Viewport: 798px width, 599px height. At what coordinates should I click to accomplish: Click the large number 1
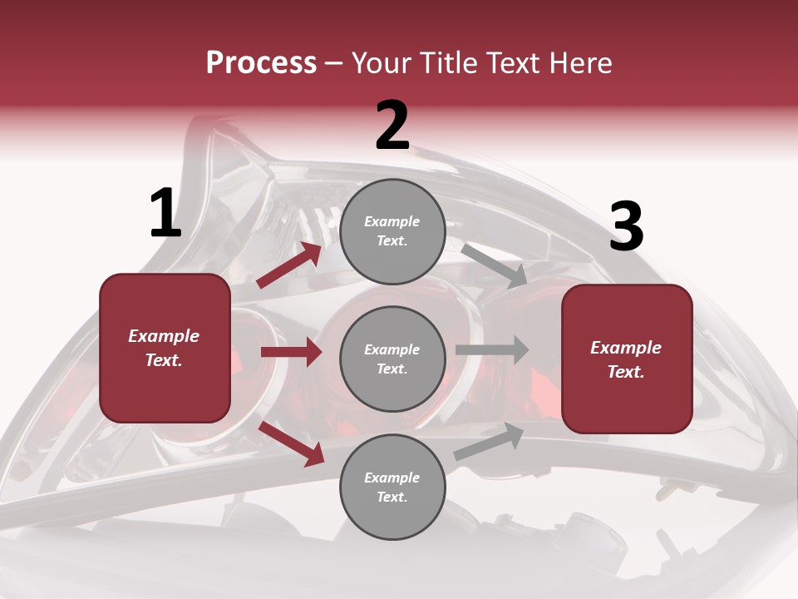(x=165, y=214)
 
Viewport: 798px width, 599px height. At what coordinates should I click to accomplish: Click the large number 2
(x=392, y=126)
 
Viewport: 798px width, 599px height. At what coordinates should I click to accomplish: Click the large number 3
(x=626, y=227)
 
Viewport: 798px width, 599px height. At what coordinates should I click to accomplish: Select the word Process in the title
(x=261, y=62)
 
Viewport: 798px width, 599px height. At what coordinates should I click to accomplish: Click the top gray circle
(x=392, y=231)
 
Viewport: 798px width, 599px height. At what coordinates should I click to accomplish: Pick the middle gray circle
(x=392, y=359)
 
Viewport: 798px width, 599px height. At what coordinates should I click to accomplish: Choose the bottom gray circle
(x=392, y=488)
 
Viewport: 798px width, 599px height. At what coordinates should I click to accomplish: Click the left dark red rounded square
(x=165, y=348)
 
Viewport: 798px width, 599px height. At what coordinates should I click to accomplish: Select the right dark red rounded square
(x=627, y=359)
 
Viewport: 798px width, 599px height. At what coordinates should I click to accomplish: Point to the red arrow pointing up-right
(x=289, y=265)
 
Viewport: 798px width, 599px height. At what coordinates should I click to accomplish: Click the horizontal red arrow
(x=291, y=352)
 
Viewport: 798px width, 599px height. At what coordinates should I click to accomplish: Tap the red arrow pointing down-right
(x=292, y=443)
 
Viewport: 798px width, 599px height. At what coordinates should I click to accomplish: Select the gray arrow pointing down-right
(x=494, y=266)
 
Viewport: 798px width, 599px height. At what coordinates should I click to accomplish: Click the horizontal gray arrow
(x=492, y=350)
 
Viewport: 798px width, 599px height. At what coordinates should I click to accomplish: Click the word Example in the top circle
(x=392, y=221)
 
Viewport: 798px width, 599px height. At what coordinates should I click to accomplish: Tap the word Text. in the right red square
(x=626, y=372)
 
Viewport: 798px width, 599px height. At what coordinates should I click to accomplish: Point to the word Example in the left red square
(x=164, y=336)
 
